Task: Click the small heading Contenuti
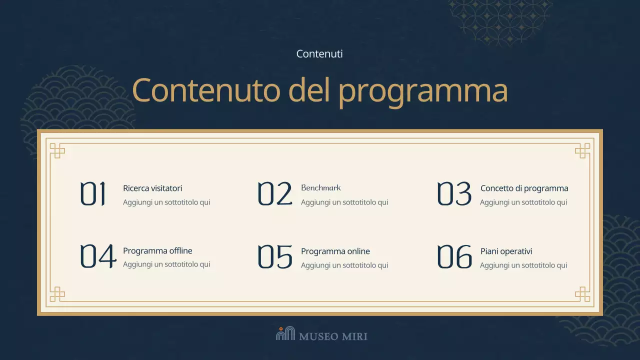click(319, 54)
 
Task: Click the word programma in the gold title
click(423, 91)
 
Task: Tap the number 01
click(93, 194)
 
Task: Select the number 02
click(274, 194)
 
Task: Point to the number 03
click(454, 194)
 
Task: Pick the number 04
click(98, 256)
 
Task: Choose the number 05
click(274, 256)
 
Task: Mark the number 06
click(454, 256)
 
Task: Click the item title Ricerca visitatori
click(152, 188)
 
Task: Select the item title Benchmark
click(321, 188)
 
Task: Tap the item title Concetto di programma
click(524, 188)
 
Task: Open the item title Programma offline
click(157, 251)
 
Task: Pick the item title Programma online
click(335, 251)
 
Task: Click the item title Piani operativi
click(506, 251)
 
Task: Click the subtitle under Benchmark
click(344, 202)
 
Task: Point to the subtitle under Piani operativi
click(523, 265)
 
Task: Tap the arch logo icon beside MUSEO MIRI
click(285, 333)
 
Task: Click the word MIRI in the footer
click(354, 336)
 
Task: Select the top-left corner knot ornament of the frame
click(57, 150)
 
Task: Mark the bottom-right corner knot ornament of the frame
click(582, 294)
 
